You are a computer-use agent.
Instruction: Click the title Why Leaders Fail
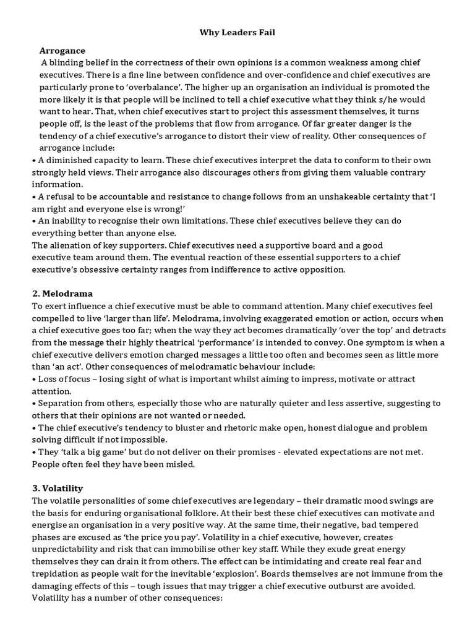coord(237,32)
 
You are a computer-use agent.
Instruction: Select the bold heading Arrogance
coord(62,50)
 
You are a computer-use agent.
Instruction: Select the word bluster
coord(184,428)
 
